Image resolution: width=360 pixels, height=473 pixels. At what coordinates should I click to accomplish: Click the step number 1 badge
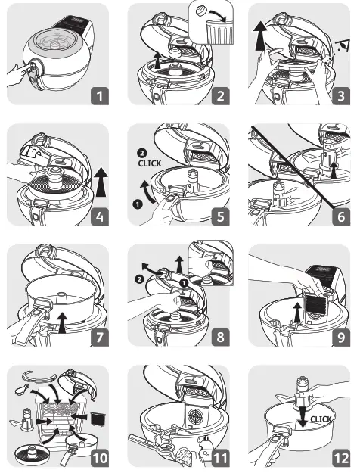(x=100, y=96)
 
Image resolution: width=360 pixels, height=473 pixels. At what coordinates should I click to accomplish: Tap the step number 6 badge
(x=341, y=216)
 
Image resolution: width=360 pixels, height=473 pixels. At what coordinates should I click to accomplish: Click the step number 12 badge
(x=341, y=458)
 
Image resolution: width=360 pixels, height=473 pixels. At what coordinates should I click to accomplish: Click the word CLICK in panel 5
(x=150, y=163)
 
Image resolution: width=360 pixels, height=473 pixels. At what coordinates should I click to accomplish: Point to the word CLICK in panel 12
(x=321, y=419)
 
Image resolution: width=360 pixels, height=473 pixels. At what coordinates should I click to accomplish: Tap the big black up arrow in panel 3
(x=260, y=37)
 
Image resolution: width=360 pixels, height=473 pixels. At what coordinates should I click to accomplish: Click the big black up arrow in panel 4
(x=101, y=182)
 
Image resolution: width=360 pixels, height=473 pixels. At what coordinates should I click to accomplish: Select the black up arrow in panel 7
(x=62, y=322)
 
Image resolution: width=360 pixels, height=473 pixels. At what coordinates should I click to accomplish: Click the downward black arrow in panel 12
(x=302, y=417)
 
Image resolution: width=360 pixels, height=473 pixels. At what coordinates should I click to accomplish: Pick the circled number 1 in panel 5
(x=137, y=204)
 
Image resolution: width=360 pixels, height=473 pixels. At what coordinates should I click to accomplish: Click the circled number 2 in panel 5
(x=141, y=153)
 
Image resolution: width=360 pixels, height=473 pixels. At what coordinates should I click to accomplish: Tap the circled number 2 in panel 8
(x=139, y=279)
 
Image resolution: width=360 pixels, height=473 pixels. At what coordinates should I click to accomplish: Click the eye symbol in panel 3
(x=344, y=45)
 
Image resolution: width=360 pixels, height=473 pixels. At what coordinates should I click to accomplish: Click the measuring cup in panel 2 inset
(x=219, y=32)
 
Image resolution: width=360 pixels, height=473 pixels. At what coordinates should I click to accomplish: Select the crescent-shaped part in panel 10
(x=39, y=376)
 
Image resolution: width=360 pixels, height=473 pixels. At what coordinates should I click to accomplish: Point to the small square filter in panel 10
(x=98, y=419)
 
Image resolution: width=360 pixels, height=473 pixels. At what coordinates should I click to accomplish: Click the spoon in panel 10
(x=21, y=391)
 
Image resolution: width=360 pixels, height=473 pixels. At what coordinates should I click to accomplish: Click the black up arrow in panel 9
(x=297, y=313)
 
